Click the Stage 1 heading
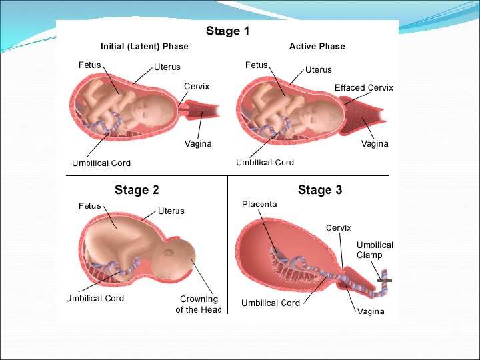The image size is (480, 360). [x=227, y=31]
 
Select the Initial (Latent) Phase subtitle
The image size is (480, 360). [x=144, y=47]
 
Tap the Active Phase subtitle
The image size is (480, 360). [x=317, y=47]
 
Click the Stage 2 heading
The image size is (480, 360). [x=137, y=190]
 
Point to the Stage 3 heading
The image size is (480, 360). [x=320, y=190]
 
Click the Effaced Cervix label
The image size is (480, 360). [x=364, y=88]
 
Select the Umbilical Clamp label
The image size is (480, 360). [x=375, y=250]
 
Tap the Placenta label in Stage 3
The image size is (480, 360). [x=259, y=203]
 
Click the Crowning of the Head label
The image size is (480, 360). [x=198, y=305]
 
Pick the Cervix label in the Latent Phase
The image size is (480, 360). [x=197, y=87]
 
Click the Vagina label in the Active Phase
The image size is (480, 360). [x=375, y=144]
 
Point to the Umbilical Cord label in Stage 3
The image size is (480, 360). [x=271, y=303]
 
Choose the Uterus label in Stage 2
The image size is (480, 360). [x=171, y=211]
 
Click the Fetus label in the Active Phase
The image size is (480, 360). [x=257, y=65]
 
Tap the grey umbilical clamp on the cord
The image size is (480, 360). [x=384, y=281]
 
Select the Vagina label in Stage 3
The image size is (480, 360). [x=370, y=311]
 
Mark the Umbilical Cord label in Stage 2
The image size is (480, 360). [x=95, y=299]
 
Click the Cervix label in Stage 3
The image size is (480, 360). [x=338, y=228]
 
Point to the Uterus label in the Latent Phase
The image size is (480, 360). [x=167, y=67]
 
